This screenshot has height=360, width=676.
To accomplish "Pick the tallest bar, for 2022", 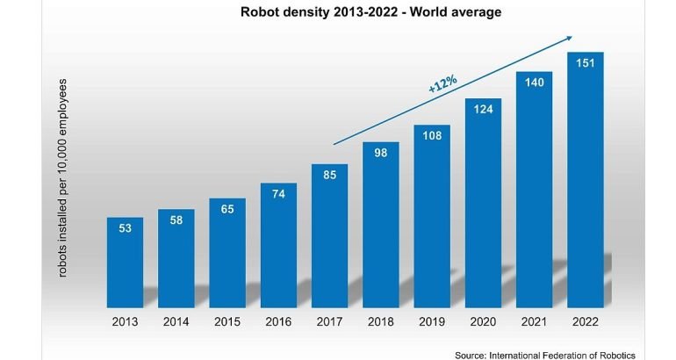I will (x=585, y=184).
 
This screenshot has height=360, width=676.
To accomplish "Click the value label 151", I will (x=585, y=63).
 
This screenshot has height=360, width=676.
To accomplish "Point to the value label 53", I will (x=126, y=228).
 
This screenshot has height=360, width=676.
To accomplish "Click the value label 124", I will (x=483, y=112).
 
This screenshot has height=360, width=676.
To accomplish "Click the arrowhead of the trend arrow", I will (x=570, y=37).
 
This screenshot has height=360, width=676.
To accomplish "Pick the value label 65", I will (x=227, y=210).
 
